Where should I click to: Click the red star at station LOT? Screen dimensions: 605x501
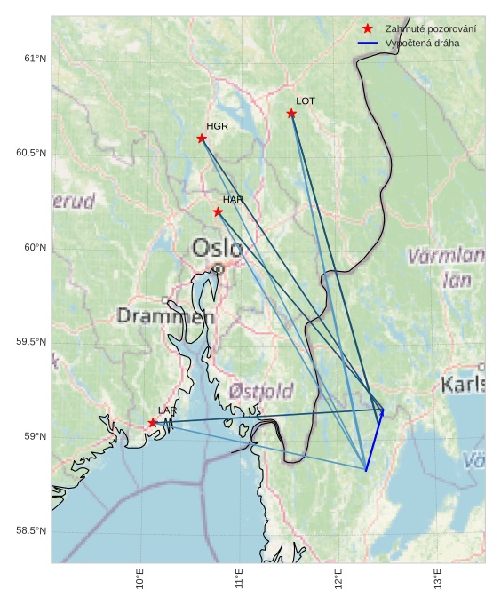pos(291,113)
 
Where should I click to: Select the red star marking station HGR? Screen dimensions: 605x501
pos(202,138)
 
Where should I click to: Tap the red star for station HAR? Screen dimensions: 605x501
pos(218,211)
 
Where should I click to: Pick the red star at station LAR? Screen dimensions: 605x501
pos(153,423)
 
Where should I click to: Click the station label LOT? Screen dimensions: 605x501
pos(306,101)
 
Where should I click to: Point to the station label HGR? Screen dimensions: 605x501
pos(217,126)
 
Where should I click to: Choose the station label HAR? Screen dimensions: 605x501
pos(233,199)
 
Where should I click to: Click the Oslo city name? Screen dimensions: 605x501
pos(217,248)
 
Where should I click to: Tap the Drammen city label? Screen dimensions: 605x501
pos(166,316)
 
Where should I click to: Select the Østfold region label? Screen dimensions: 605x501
pos(260,391)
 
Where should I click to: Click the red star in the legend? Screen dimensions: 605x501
pos(368,28)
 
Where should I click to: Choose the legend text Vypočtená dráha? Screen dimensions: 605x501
pos(422,43)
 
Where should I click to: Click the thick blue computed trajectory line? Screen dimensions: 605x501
pos(375,440)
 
